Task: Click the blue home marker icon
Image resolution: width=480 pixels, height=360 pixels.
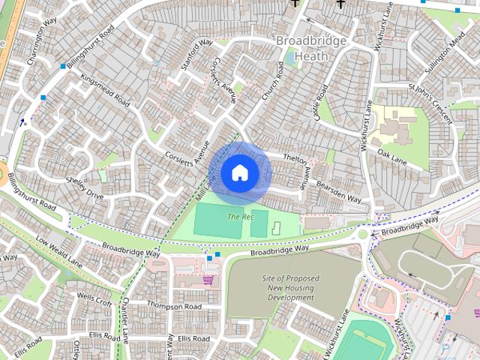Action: (x=239, y=172)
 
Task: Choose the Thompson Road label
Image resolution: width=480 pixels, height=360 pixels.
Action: (x=174, y=306)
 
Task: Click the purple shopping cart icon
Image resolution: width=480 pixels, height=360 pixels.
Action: (x=208, y=280)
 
